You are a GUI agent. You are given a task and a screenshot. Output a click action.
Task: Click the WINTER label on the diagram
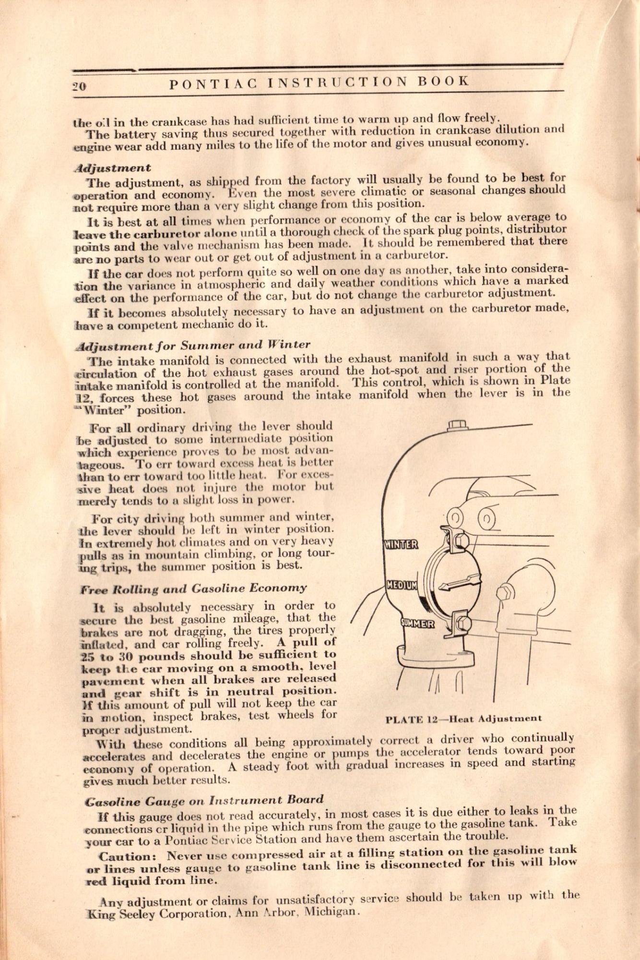[401, 544]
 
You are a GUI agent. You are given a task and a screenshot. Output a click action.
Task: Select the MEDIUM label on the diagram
[403, 585]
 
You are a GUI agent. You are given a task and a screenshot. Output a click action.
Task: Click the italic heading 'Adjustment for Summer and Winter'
[193, 345]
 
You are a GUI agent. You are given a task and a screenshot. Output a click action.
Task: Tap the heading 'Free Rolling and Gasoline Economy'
[193, 588]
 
